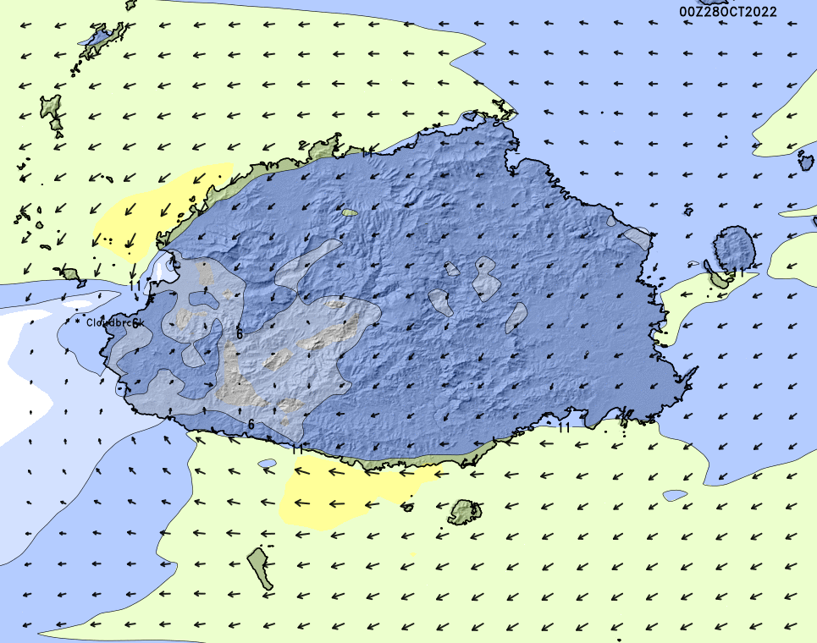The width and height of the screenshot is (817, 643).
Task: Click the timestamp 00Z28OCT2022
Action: click(728, 12)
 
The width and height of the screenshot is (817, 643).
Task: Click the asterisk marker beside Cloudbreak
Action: click(77, 321)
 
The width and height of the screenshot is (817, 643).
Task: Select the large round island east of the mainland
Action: click(734, 248)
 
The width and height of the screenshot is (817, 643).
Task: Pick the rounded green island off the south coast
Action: click(465, 511)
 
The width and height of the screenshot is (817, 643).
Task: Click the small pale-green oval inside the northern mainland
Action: click(350, 212)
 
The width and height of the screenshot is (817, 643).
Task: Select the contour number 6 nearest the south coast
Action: click(251, 423)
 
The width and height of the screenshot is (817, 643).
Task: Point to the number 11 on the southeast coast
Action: click(564, 427)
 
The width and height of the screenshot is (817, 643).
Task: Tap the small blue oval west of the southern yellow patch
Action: click(268, 464)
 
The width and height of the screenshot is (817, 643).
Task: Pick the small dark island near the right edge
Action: click(803, 156)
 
